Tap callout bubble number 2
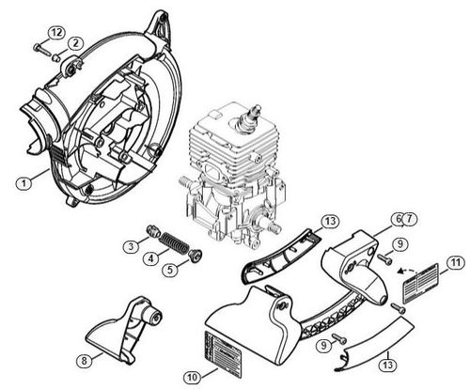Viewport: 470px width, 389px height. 75,42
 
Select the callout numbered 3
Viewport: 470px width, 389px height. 133,246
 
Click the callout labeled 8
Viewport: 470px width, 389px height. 83,359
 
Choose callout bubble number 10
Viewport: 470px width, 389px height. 192,377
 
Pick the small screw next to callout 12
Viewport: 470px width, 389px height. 39,46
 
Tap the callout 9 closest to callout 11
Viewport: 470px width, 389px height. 399,243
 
